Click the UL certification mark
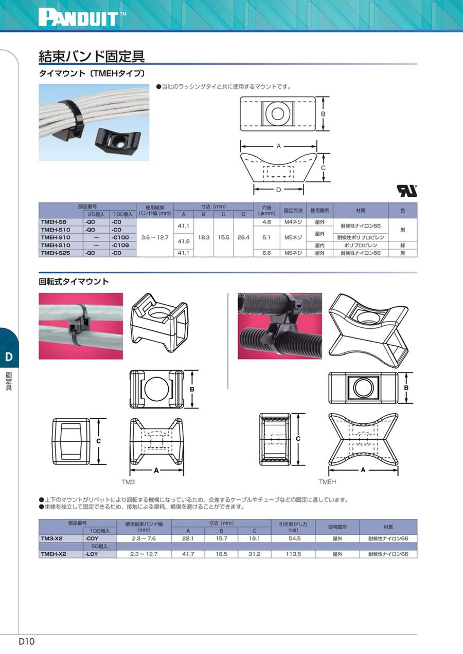407,191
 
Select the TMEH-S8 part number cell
54,222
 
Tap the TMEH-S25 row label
56,253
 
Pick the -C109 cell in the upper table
120,245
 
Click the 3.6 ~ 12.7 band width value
155,237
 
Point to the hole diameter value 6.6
266,253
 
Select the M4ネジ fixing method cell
293,222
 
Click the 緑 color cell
402,245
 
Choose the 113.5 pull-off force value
293,554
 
